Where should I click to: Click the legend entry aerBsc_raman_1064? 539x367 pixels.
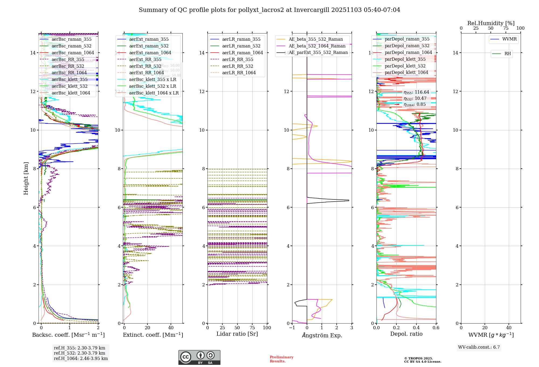73,53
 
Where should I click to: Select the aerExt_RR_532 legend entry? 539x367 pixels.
145,66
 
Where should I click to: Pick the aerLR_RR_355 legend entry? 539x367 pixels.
237,59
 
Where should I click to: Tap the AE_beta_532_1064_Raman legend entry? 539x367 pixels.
317,46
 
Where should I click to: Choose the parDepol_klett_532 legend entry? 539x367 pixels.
405,66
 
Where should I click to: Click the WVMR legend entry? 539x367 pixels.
509,39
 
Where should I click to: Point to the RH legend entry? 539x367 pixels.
507,54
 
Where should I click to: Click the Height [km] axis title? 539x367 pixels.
26,178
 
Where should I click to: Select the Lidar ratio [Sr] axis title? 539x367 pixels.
237,334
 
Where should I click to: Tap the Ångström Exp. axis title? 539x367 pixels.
322,335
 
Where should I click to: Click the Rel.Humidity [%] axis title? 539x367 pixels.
491,23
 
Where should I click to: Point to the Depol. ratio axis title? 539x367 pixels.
406,334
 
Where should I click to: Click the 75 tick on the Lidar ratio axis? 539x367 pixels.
252,328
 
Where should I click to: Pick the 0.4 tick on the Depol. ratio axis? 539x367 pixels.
416,328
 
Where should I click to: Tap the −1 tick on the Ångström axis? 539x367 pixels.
292,328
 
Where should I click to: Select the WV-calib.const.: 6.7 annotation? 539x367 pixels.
479,347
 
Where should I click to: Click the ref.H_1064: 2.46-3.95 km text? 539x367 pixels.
81,358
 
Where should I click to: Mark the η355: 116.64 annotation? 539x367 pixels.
416,92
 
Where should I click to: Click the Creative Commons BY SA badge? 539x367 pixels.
199,358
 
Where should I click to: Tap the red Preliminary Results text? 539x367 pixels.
281,359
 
